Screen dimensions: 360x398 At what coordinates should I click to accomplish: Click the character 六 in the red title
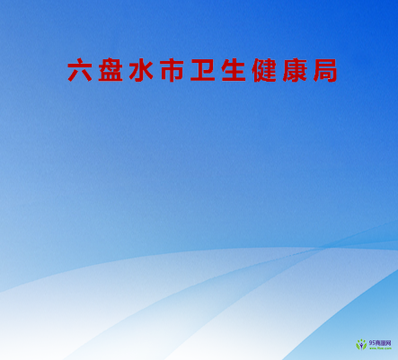[79, 71]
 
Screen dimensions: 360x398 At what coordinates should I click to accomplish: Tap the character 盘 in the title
[111, 71]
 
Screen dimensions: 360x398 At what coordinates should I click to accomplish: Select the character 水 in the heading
[141, 71]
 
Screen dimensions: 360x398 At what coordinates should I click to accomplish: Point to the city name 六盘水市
[126, 71]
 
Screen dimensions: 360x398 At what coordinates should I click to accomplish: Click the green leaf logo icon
[361, 345]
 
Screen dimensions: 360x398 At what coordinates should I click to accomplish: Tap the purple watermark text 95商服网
[379, 342]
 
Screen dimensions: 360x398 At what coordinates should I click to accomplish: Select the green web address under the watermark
[379, 349]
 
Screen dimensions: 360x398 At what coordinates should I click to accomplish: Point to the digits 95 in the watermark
[371, 342]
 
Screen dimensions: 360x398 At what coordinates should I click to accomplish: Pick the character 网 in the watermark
[388, 342]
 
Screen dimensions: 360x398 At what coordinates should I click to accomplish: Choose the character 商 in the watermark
[377, 342]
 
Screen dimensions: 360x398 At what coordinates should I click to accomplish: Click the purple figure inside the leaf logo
[361, 346]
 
